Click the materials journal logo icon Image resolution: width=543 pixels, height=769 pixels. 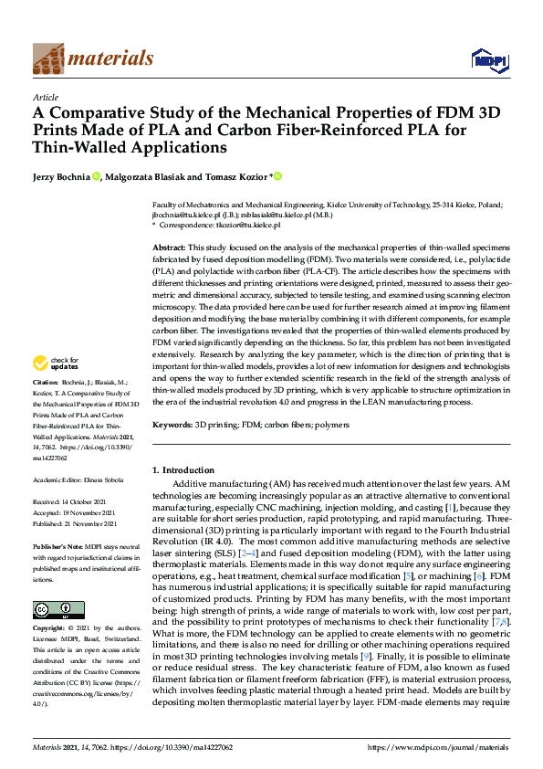(x=48, y=60)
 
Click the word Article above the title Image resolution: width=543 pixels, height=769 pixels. (x=46, y=96)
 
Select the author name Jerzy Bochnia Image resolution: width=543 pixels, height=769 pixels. (x=61, y=176)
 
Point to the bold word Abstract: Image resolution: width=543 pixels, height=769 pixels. (x=169, y=248)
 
